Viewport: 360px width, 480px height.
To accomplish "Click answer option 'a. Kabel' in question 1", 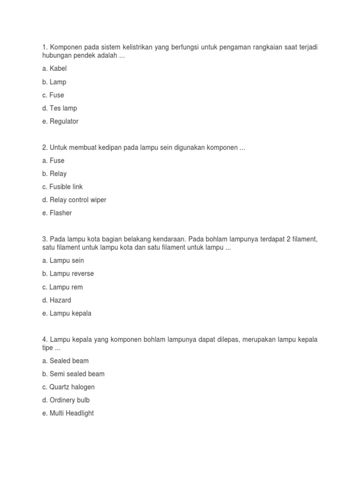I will pos(54,69).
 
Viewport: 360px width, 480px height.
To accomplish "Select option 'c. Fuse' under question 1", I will pos(53,95).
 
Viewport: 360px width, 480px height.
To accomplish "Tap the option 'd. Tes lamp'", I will pos(60,108).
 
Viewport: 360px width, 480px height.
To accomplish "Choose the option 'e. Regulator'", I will pos(60,121).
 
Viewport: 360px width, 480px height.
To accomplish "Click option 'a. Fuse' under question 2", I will pos(53,161).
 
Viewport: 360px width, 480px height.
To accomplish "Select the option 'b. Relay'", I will pos(54,174).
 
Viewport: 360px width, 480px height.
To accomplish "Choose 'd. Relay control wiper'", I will pos(74,200).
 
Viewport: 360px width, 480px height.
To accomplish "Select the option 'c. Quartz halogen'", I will pos(68,387).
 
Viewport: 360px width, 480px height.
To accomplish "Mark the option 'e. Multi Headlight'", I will pos(68,413).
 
